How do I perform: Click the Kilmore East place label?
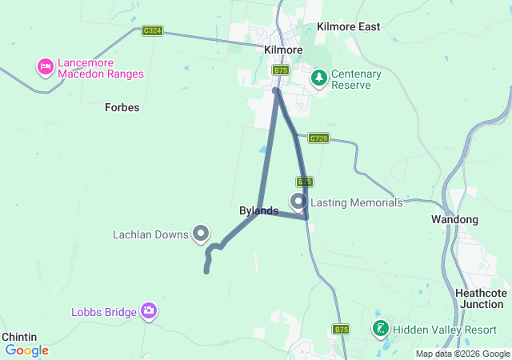coord(348,26)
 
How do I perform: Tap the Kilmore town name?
coord(283,50)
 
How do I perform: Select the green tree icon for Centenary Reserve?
coord(319,78)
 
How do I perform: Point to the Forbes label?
coord(122,106)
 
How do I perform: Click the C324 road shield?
coord(152,31)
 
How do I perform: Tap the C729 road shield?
coord(318,138)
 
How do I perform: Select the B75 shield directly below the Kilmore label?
coord(280,70)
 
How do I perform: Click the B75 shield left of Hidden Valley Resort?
coord(342,329)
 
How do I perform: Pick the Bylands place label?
coord(259,211)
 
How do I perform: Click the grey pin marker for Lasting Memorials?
coord(299,201)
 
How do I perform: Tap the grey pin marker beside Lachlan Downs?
coord(201,233)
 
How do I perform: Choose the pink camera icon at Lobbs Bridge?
coord(148,311)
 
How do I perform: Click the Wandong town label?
coord(454,219)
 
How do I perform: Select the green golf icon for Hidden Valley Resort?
coord(381,328)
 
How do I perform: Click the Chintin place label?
coord(18,338)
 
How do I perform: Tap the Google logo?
coord(26,350)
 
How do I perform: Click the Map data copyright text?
coord(462,354)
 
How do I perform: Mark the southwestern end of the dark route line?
coord(206,272)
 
